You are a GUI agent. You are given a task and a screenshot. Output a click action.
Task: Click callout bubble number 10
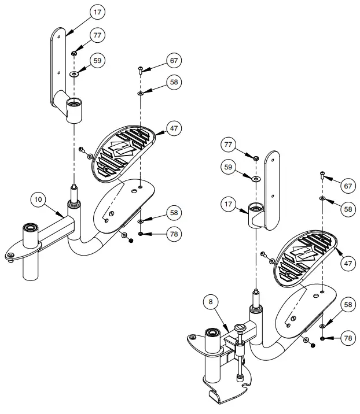click(x=38, y=200)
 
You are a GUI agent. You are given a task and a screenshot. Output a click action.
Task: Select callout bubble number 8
click(x=210, y=301)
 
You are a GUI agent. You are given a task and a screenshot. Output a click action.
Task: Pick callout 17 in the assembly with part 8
click(x=229, y=204)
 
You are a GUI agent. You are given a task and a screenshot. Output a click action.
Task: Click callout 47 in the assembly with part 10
click(x=174, y=127)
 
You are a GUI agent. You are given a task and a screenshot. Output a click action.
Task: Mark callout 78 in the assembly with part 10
click(x=174, y=234)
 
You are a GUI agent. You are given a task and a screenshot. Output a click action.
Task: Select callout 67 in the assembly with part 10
click(x=174, y=60)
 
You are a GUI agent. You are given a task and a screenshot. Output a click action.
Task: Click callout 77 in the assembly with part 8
click(x=229, y=143)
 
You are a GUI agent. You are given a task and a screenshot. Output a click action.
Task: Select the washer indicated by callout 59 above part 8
click(x=255, y=179)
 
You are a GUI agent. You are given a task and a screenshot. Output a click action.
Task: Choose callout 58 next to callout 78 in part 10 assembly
click(x=174, y=213)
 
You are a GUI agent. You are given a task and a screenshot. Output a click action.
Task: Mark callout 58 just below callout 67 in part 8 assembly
click(x=347, y=209)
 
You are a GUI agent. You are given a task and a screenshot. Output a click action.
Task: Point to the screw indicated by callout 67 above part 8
click(x=321, y=175)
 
